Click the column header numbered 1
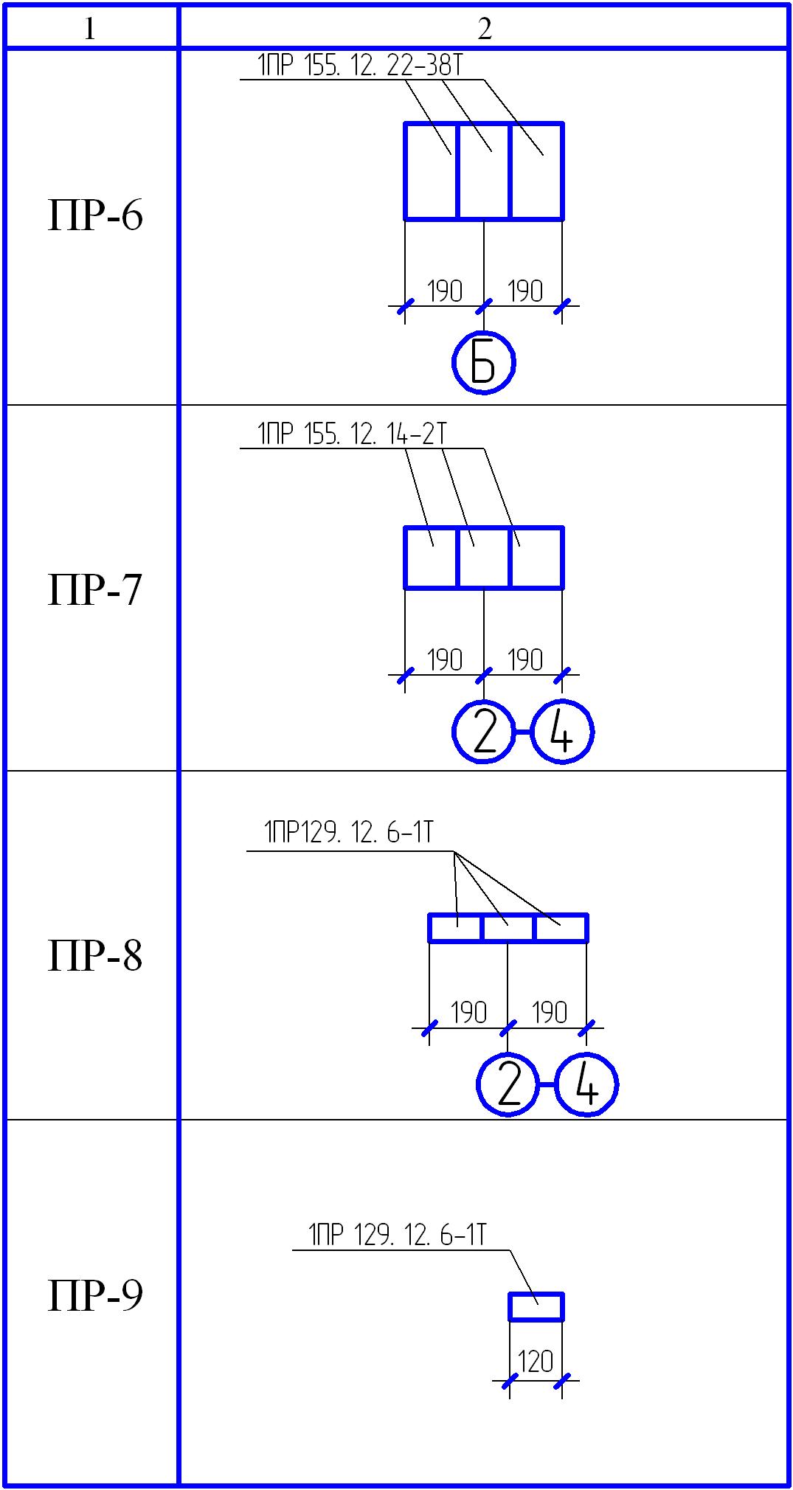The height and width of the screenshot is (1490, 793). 90,29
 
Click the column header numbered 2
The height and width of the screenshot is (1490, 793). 484,29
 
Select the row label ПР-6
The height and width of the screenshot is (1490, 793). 95,216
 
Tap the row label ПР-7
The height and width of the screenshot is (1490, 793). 95,590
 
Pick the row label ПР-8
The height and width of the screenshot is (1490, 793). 95,956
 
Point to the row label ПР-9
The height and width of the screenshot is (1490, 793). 95,1295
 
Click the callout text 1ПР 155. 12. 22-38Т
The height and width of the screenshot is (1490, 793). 360,66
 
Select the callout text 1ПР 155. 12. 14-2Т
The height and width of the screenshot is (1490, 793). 352,434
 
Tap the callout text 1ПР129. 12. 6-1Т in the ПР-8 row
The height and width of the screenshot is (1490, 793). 349,833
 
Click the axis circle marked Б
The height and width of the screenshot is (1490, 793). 483,362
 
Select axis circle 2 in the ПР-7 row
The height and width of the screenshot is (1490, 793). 483,732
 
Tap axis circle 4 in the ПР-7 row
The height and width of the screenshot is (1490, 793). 562,732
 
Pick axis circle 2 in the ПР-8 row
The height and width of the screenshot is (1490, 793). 508,1084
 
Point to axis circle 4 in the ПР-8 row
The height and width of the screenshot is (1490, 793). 586,1084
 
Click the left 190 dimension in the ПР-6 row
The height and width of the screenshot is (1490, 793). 445,291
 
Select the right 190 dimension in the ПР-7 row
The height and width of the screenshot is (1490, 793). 525,660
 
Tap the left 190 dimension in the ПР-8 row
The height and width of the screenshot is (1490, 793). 468,1013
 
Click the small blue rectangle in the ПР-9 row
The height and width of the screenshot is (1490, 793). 536,1306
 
